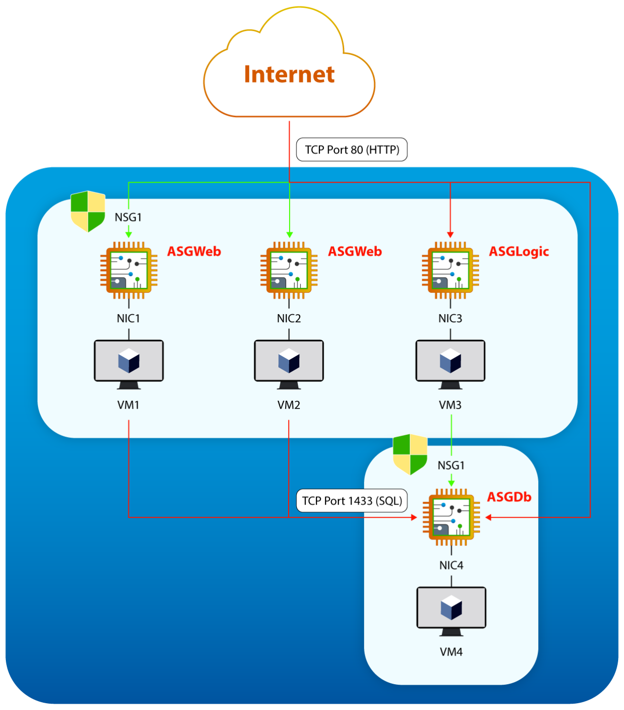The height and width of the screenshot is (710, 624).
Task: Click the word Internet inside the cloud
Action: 289,75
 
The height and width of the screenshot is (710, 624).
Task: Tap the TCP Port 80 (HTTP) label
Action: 352,149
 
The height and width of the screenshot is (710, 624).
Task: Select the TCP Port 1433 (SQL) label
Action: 351,501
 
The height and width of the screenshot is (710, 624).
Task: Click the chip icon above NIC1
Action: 129,270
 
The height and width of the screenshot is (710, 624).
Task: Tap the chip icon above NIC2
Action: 289,270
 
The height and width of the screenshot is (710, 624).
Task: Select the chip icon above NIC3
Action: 450,270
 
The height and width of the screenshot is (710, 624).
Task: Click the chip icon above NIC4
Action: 451,517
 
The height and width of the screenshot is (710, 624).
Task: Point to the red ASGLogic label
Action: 519,252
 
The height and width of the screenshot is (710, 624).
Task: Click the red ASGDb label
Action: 509,497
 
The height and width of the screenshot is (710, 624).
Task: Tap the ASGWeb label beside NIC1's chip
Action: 194,252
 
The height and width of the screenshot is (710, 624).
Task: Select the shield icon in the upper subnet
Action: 88,211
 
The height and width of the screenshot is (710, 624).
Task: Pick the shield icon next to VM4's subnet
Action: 410,454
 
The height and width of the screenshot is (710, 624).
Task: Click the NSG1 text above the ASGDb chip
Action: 451,466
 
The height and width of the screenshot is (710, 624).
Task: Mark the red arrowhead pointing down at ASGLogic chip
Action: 450,235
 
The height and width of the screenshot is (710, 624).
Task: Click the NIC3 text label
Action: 450,318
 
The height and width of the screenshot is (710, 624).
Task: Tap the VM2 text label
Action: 289,405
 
